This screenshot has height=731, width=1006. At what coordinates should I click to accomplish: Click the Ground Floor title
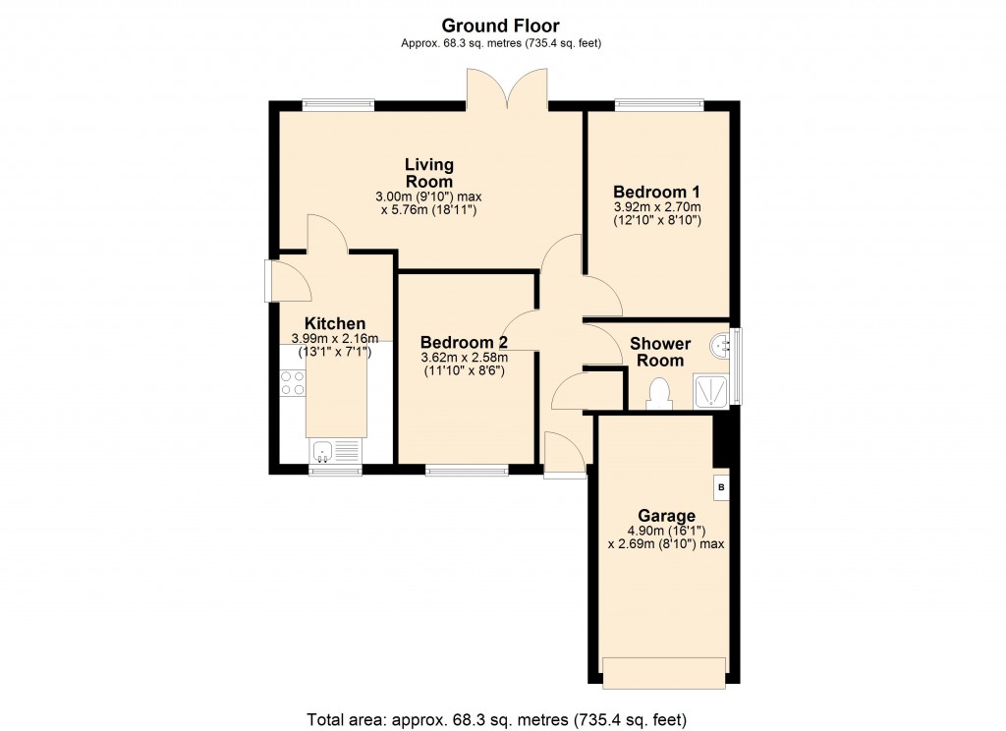click(x=501, y=25)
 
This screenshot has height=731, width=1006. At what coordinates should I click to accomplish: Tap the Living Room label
click(x=429, y=173)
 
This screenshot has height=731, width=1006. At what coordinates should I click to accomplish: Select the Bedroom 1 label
click(x=656, y=192)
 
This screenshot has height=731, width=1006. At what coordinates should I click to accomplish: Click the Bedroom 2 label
click(x=464, y=343)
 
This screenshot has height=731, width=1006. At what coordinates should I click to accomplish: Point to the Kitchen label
click(x=335, y=323)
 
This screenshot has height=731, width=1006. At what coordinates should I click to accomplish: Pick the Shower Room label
click(x=660, y=352)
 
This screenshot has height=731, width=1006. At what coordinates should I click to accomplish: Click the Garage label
click(x=666, y=516)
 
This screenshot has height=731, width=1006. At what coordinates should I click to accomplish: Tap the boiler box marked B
click(x=721, y=487)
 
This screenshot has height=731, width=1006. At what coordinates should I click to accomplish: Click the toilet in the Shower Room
click(x=659, y=394)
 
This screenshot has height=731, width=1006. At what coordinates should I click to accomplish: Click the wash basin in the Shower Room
click(x=723, y=344)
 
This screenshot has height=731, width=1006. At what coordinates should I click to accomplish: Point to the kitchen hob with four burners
click(x=292, y=382)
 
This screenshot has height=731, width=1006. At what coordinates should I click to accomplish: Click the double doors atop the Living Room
click(x=507, y=89)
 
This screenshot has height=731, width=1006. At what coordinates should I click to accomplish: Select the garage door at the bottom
click(x=664, y=672)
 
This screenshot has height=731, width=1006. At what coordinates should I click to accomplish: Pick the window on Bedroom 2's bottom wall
click(x=467, y=471)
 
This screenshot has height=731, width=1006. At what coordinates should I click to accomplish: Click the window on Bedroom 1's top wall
click(x=659, y=103)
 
